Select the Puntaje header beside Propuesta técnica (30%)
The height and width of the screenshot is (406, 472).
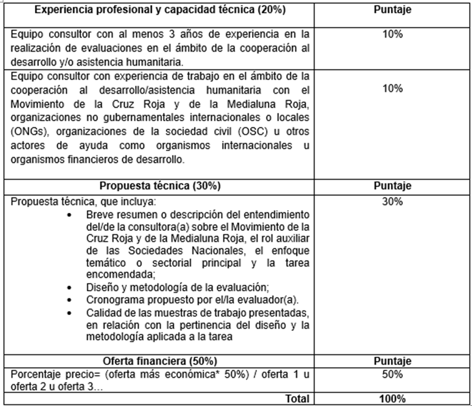tap(392, 186)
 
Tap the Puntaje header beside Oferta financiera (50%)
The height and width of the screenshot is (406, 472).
tap(392, 361)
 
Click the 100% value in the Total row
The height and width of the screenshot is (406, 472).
tap(392, 399)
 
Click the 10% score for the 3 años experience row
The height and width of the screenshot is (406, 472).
tap(392, 34)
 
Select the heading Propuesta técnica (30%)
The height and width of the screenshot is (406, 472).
tap(159, 186)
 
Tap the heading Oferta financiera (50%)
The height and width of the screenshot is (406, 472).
tap(160, 361)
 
